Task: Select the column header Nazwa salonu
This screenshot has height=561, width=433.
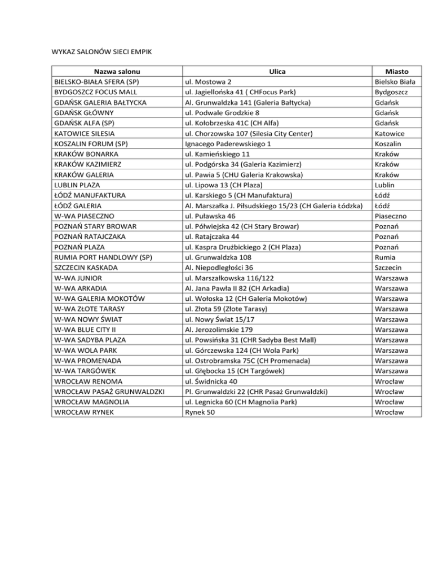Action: click(117, 71)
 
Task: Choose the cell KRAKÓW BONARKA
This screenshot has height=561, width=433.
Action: click(86, 154)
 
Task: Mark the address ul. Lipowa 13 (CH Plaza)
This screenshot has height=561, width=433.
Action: click(224, 185)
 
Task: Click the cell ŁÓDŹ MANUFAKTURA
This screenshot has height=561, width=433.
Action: click(89, 195)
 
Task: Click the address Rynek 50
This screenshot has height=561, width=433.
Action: click(200, 413)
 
